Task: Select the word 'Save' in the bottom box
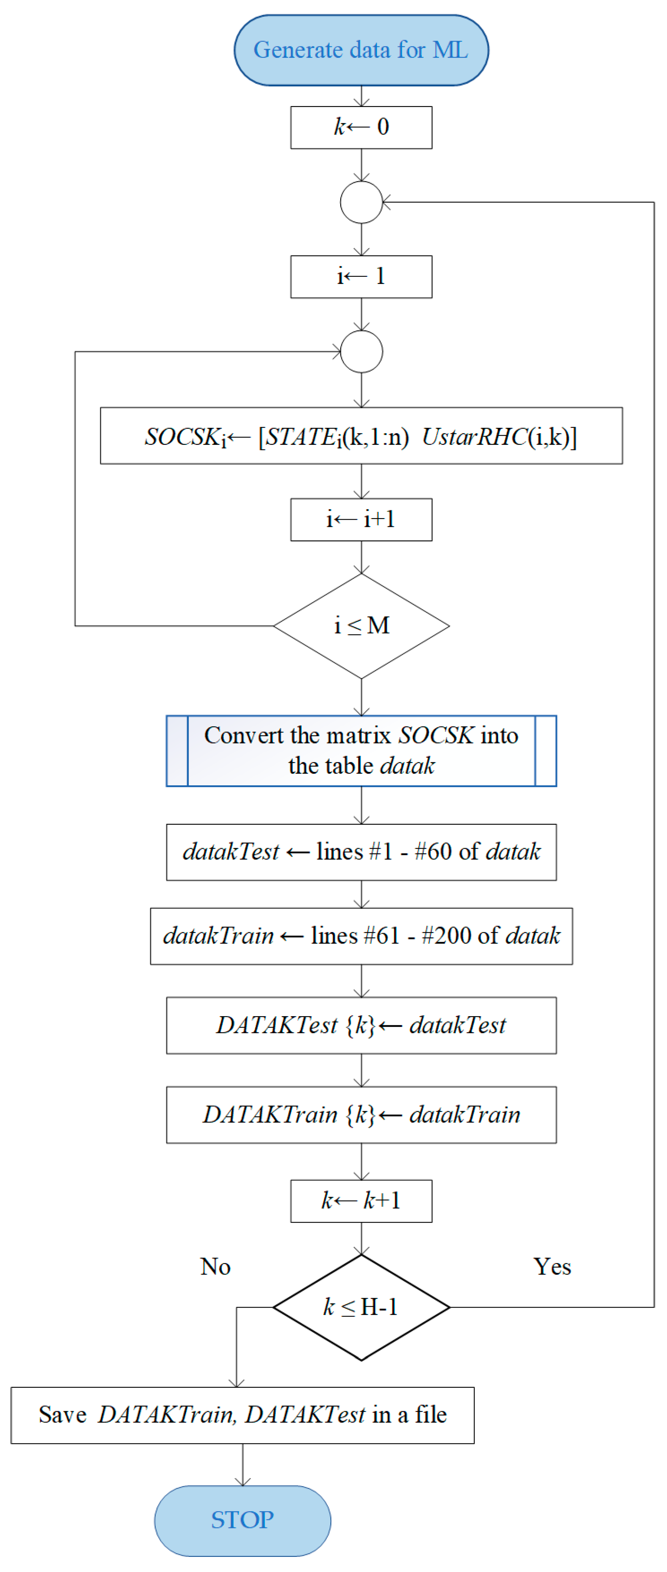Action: coord(62,1414)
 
